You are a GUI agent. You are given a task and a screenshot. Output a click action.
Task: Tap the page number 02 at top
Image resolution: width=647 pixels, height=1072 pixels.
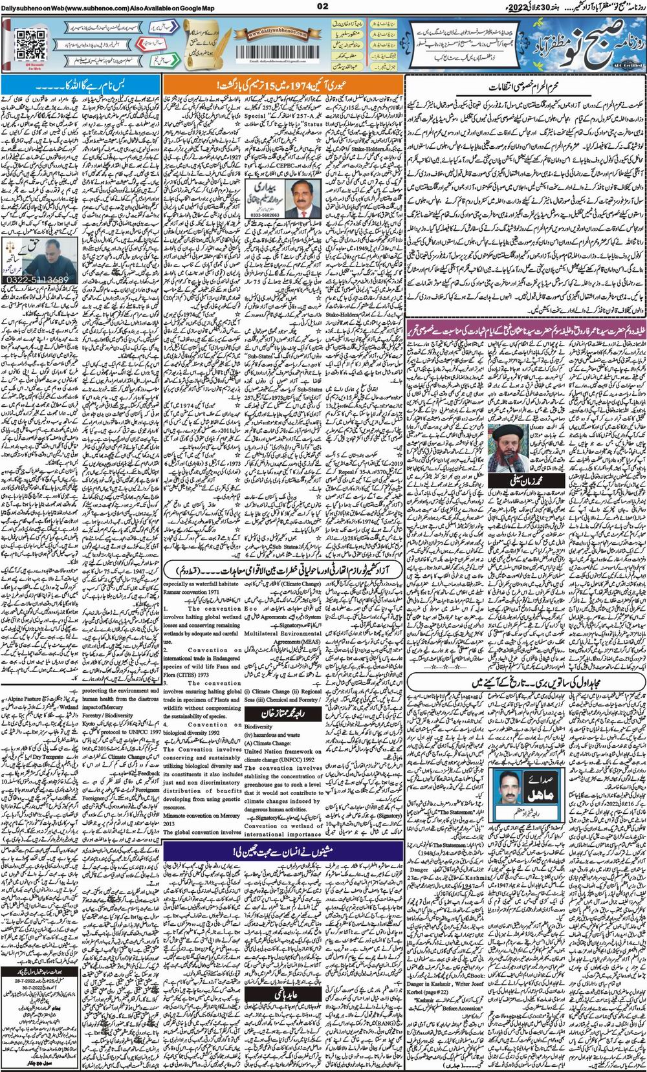(x=324, y=6)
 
